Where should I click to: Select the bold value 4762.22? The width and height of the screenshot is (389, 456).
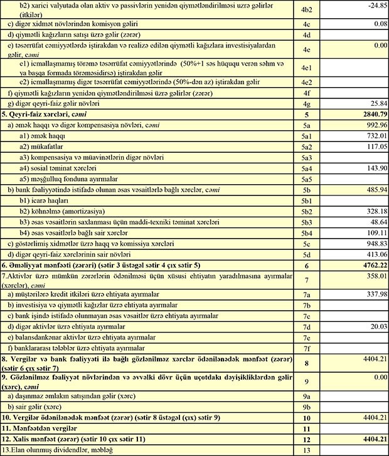(x=370, y=266)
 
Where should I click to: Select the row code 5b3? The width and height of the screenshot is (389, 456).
(x=306, y=222)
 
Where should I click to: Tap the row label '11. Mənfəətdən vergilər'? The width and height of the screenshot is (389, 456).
(x=41, y=428)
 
